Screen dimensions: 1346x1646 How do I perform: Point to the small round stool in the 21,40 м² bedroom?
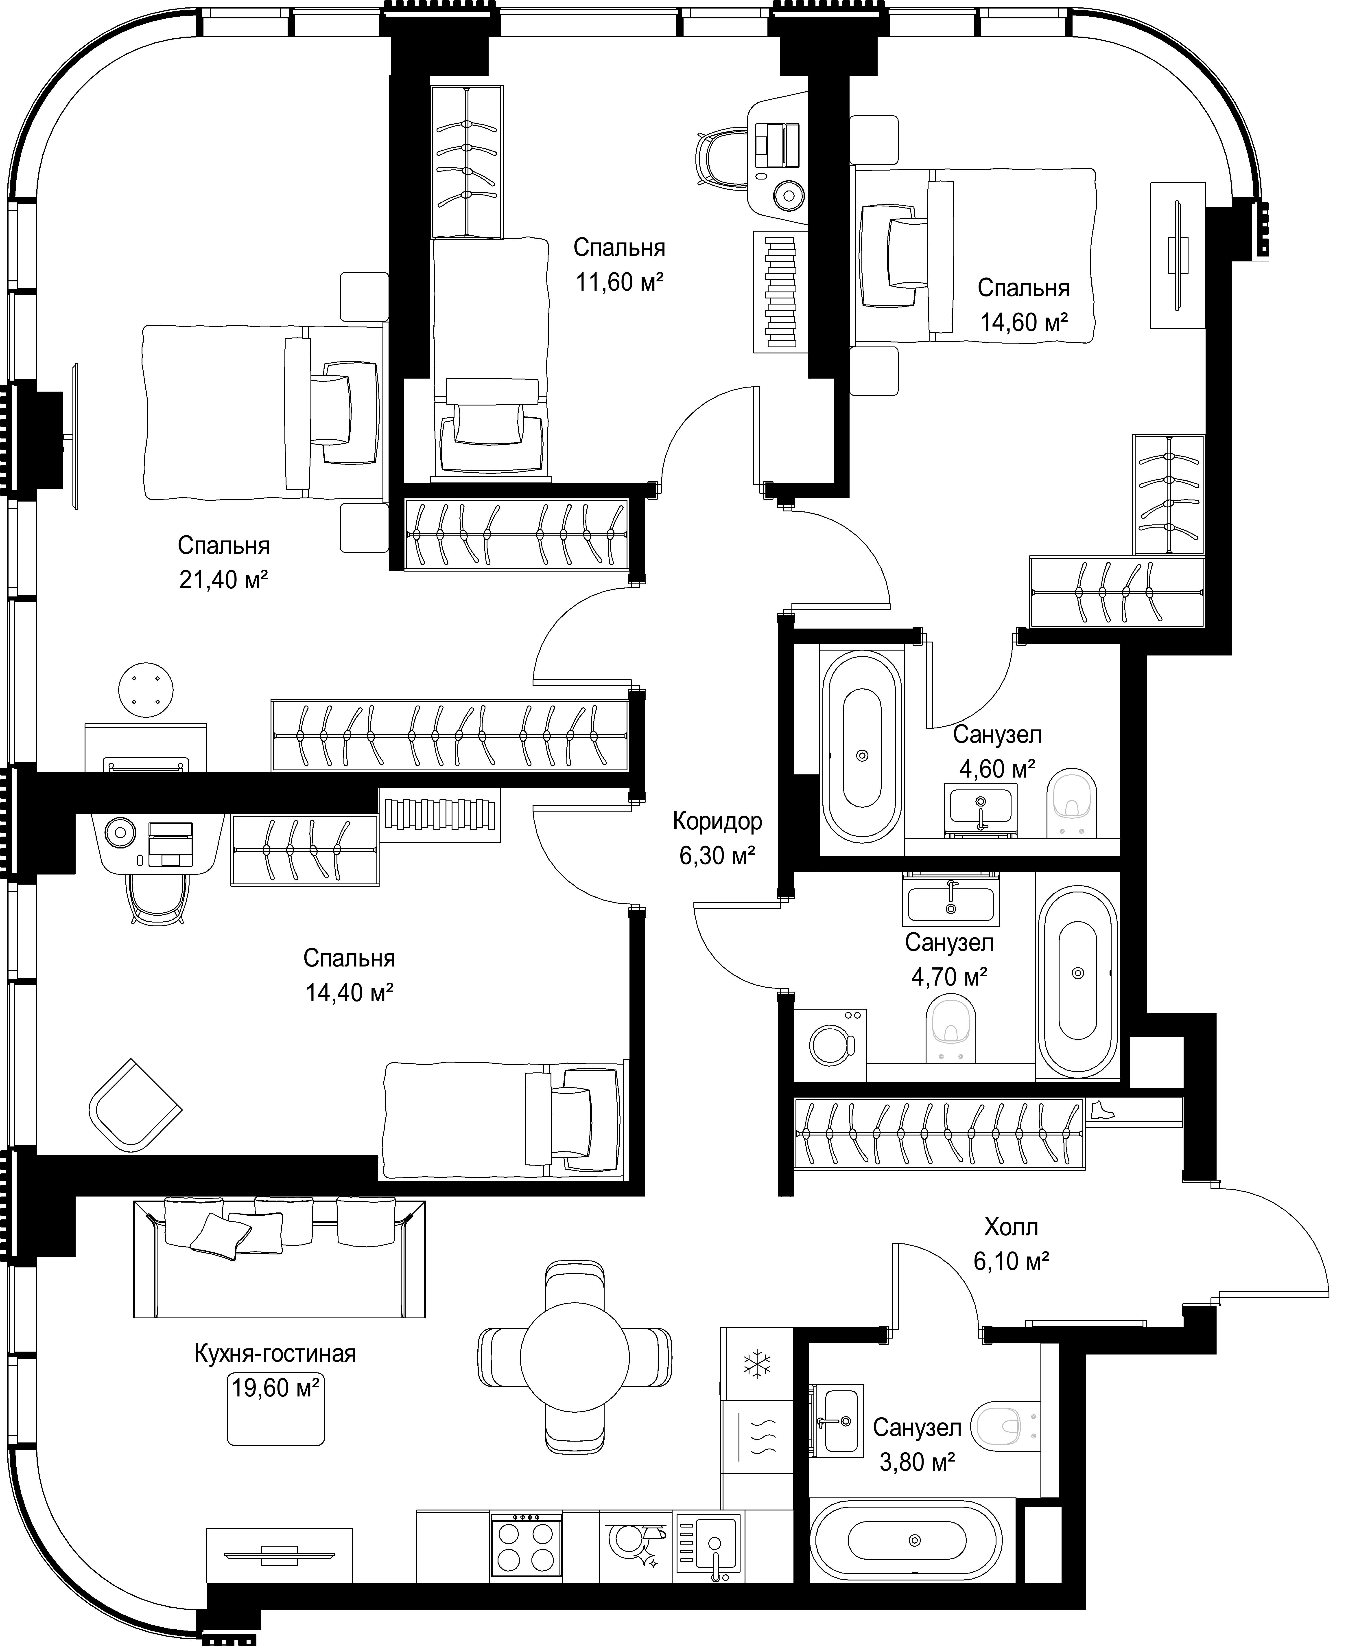tap(146, 689)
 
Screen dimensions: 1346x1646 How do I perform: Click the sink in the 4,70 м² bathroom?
tap(951, 900)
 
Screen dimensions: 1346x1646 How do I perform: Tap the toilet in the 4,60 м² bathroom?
tap(1072, 803)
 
